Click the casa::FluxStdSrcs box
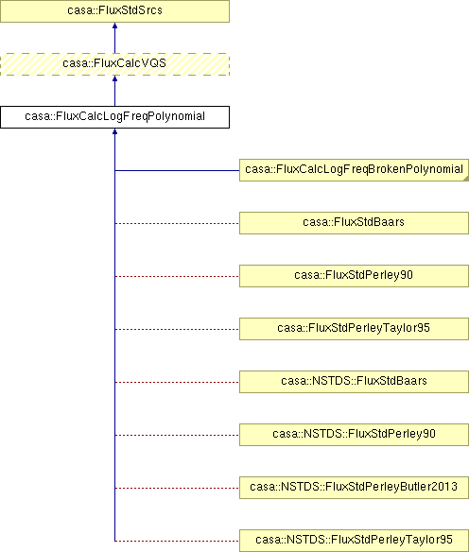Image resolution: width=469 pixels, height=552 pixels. pyautogui.click(x=114, y=11)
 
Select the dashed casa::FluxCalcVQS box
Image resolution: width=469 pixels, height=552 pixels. pyautogui.click(x=114, y=64)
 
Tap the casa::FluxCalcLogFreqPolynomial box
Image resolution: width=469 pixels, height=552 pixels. pyautogui.click(x=114, y=117)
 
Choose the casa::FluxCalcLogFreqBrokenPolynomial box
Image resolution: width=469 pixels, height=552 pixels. pyautogui.click(x=354, y=170)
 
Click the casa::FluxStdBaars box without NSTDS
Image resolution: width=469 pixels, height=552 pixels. pyautogui.click(x=354, y=223)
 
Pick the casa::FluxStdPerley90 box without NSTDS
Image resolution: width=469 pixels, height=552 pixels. pyautogui.click(x=354, y=276)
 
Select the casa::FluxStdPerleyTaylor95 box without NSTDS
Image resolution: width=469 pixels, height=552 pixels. pyautogui.click(x=354, y=329)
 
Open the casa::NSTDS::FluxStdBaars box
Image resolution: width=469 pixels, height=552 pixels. pyautogui.click(x=354, y=382)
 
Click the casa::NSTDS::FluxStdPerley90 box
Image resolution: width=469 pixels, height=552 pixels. pyautogui.click(x=354, y=435)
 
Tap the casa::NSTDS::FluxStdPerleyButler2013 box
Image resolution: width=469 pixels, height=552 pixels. pyautogui.click(x=354, y=488)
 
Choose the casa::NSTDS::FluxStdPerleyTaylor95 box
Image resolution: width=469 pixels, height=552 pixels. pyautogui.click(x=354, y=541)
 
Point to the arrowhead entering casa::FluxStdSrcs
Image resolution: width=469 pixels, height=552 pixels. pyautogui.click(x=114, y=26)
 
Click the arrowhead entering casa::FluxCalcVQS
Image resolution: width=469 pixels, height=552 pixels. pyautogui.click(x=114, y=78)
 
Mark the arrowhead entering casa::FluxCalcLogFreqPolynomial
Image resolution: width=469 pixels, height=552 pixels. pyautogui.click(x=114, y=131)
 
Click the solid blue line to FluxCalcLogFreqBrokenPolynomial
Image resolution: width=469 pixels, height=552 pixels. pyautogui.click(x=177, y=171)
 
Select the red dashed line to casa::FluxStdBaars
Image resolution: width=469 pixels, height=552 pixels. pyautogui.click(x=177, y=224)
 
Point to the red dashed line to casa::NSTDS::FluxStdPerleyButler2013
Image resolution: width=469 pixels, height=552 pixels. pyautogui.click(x=177, y=489)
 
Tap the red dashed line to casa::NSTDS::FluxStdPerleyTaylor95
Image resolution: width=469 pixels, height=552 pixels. pyautogui.click(x=177, y=541)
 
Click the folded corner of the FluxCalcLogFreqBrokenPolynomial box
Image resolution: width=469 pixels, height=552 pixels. pyautogui.click(x=466, y=179)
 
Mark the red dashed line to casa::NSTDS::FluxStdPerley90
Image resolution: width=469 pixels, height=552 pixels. pyautogui.click(x=177, y=436)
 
